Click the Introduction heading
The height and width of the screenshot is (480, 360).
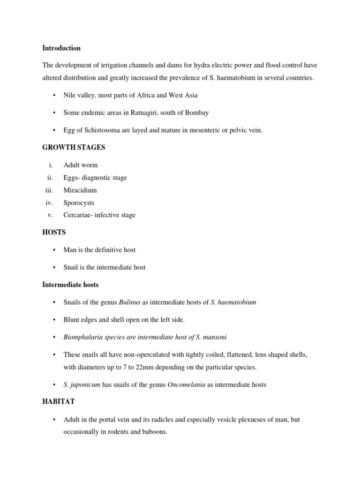[x=61, y=48]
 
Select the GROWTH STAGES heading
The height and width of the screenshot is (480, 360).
[x=74, y=148]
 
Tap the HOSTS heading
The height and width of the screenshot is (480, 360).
[x=54, y=232]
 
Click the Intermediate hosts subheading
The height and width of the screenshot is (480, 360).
[x=70, y=285]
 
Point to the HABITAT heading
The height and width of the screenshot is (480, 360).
[x=59, y=402]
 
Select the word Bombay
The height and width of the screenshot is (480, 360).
[x=197, y=112]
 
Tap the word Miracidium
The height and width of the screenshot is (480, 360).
[x=80, y=190]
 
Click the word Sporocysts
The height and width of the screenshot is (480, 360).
[x=79, y=203]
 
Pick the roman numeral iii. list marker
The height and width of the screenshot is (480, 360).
[x=49, y=190]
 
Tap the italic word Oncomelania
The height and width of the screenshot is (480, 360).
[x=186, y=384]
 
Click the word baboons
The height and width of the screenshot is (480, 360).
[x=155, y=431]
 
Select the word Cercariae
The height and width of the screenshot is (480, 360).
[x=78, y=215]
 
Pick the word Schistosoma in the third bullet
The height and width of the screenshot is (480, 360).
[x=98, y=130]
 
